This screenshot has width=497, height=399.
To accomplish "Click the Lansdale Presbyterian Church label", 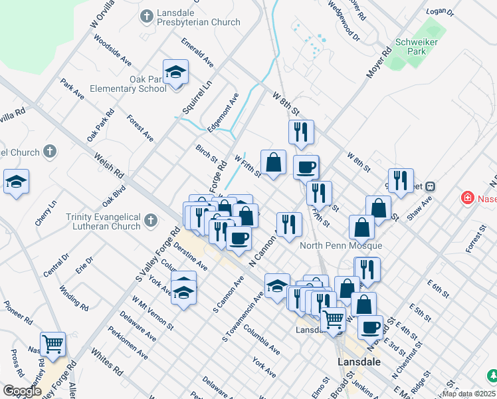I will [x=197, y=17].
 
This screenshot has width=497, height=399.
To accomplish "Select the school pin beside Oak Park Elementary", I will [x=175, y=73].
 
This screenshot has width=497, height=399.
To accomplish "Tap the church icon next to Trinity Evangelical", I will [x=150, y=220].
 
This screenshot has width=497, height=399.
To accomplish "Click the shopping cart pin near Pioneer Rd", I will [x=52, y=344].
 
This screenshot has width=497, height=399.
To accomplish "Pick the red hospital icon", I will [x=468, y=198].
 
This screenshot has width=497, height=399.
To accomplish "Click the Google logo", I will [x=21, y=391].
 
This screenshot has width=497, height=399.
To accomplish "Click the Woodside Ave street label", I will [x=112, y=50].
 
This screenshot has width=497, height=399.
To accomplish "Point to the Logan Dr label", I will [x=439, y=12].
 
